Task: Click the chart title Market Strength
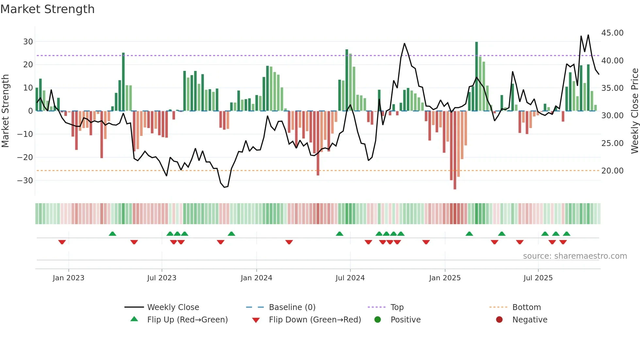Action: click(47, 9)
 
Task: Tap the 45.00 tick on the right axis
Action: click(612, 33)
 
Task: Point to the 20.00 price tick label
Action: click(612, 171)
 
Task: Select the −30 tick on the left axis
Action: click(25, 181)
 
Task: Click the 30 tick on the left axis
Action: click(28, 42)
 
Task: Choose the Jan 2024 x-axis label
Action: click(256, 278)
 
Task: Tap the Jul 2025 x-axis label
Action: click(538, 278)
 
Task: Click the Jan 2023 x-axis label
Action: click(68, 278)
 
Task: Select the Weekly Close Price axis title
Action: click(634, 111)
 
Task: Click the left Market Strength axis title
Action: click(5, 111)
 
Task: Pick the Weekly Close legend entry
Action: click(173, 307)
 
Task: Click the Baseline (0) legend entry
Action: click(292, 307)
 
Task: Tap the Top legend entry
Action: click(397, 307)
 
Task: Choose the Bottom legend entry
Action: click(526, 307)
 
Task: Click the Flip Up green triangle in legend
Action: click(134, 319)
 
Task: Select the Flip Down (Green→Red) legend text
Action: click(315, 320)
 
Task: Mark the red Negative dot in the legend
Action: click(499, 320)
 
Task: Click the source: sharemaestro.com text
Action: click(575, 256)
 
